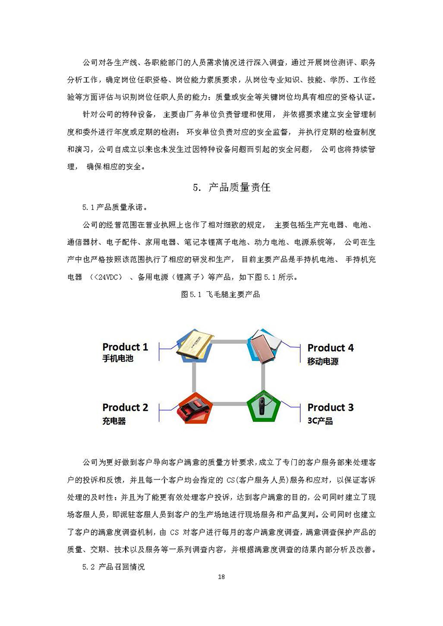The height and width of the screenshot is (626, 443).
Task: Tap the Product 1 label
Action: [x=125, y=347]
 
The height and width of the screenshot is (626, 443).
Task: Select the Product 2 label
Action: [x=125, y=408]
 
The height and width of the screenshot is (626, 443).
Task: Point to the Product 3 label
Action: [x=330, y=408]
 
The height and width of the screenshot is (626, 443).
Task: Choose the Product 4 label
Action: [x=330, y=348]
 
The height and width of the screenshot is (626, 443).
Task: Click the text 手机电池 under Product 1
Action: [x=118, y=359]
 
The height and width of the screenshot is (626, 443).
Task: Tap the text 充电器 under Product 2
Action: [x=114, y=421]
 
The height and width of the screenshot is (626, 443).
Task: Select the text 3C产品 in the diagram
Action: [x=320, y=421]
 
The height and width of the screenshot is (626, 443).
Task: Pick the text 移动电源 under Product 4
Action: [x=323, y=361]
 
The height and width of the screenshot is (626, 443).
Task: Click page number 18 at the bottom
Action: [x=221, y=577]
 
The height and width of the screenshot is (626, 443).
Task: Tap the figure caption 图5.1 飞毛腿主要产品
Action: [x=221, y=295]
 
